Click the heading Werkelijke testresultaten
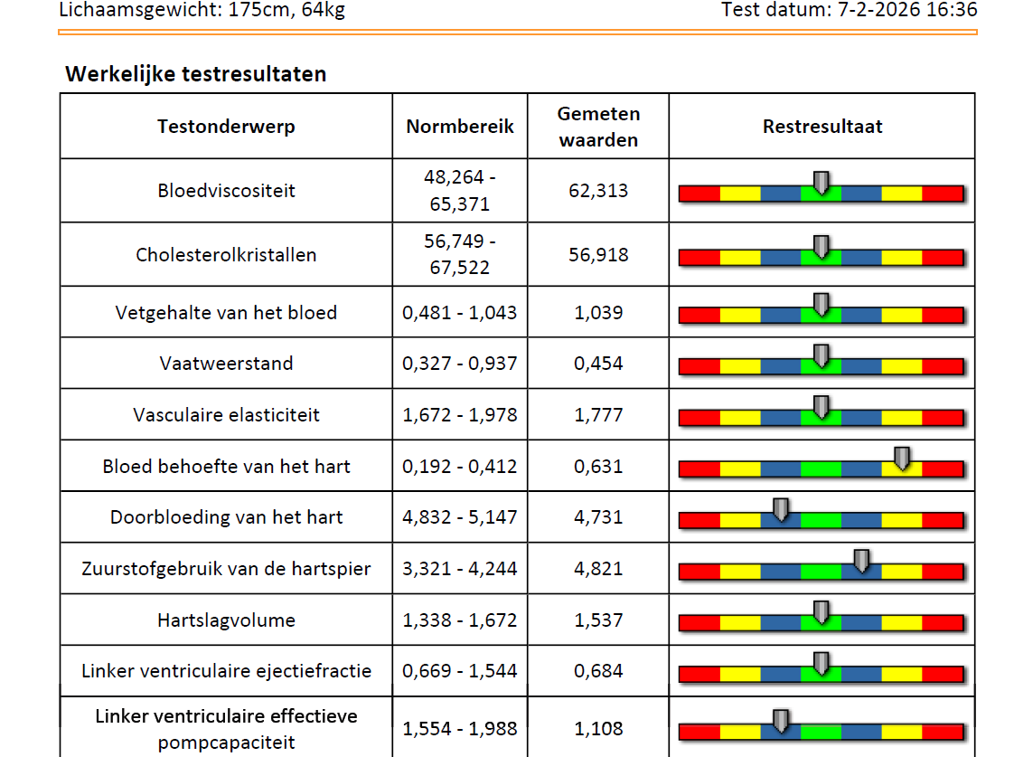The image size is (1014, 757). point(195,74)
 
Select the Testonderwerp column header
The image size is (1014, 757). point(226,127)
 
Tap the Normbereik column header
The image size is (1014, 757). point(460,127)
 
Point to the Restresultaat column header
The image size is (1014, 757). point(822,127)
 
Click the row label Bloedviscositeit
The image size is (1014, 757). point(226,191)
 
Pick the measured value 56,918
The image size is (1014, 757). point(598,255)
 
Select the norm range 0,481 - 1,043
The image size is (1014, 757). point(460,313)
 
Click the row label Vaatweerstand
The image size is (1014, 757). point(226,364)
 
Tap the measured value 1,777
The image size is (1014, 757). point(598,415)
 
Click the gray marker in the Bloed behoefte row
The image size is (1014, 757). point(901,459)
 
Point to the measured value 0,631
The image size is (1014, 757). point(598,467)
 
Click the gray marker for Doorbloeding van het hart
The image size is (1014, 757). point(781,510)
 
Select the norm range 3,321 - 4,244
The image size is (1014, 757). point(460,569)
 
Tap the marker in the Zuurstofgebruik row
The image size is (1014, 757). point(861,562)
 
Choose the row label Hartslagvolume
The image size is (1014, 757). point(226,620)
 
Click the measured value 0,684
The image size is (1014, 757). point(598,671)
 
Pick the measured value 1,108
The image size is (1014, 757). point(598,729)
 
